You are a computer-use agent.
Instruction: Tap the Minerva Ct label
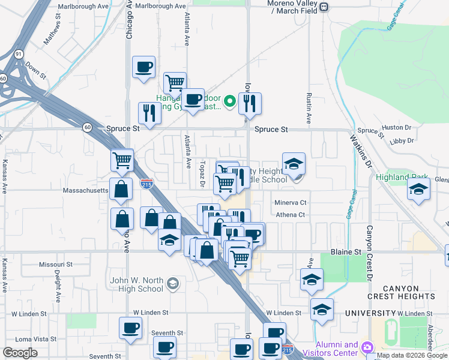tap(291, 203)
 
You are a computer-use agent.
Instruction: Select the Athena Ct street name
tap(291, 215)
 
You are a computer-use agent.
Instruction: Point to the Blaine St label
tap(344, 252)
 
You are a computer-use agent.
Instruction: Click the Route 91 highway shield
tap(19, 54)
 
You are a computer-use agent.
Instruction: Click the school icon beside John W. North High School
tap(173, 283)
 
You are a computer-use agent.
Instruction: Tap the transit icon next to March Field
tap(324, 7)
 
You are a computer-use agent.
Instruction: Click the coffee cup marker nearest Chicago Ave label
tap(143, 68)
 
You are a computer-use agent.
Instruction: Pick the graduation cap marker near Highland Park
tap(418, 190)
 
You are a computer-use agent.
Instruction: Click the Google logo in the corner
tap(20, 353)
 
